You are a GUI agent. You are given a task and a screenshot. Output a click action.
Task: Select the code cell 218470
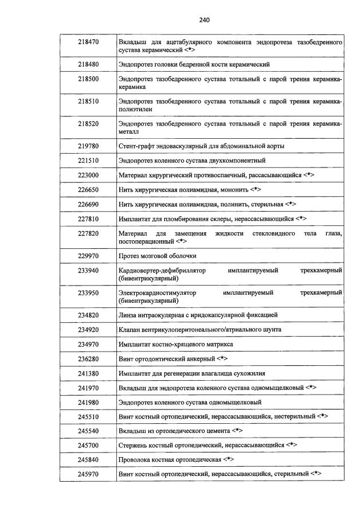click(x=88, y=42)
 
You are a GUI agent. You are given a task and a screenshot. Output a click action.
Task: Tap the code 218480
click(x=88, y=65)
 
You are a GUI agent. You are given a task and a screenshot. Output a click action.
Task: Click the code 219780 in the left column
click(x=88, y=146)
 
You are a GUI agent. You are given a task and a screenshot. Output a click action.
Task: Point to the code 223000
click(x=88, y=175)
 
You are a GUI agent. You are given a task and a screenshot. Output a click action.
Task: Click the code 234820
click(x=88, y=315)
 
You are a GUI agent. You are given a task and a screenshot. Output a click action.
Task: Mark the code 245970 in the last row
click(x=88, y=474)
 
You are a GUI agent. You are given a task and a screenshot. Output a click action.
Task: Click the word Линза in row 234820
click(x=127, y=315)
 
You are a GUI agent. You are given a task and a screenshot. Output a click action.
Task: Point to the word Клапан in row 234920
click(x=129, y=330)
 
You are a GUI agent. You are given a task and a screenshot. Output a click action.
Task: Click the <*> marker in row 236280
click(x=223, y=359)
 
